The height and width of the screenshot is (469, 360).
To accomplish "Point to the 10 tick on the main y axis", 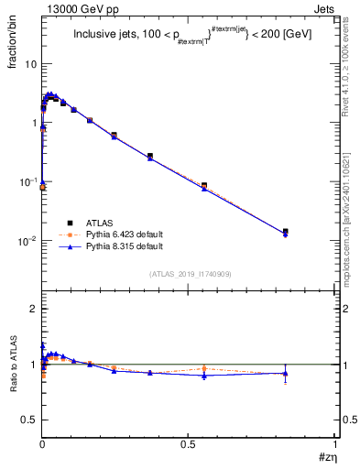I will [30, 64].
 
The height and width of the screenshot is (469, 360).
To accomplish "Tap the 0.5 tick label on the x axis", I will [189, 442].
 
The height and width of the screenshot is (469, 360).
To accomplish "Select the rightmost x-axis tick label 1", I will [336, 442].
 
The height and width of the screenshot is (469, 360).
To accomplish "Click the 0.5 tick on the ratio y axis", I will [29, 419].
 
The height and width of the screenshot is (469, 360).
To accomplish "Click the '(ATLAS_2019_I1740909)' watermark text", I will [190, 274].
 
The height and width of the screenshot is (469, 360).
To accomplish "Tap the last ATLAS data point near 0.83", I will [286, 232].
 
